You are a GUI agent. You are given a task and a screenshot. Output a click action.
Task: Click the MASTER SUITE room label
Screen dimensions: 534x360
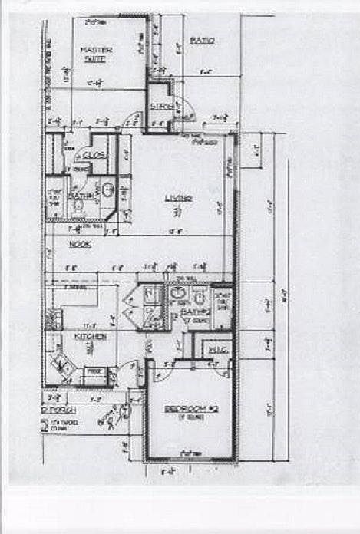[x=97, y=54]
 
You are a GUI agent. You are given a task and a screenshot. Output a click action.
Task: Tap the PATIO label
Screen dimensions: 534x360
[x=202, y=39]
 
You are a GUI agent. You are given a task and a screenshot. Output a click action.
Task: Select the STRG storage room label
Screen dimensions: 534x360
[x=160, y=106]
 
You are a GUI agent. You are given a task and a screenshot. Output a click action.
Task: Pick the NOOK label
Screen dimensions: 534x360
[x=80, y=244]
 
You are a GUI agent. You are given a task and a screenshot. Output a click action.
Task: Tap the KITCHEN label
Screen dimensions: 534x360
[x=90, y=336]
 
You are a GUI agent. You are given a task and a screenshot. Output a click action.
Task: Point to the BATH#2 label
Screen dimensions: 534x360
[x=196, y=312]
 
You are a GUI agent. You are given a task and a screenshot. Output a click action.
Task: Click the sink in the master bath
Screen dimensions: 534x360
[x=108, y=190]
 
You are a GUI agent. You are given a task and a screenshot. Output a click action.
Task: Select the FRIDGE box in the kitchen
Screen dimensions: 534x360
[x=94, y=371]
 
